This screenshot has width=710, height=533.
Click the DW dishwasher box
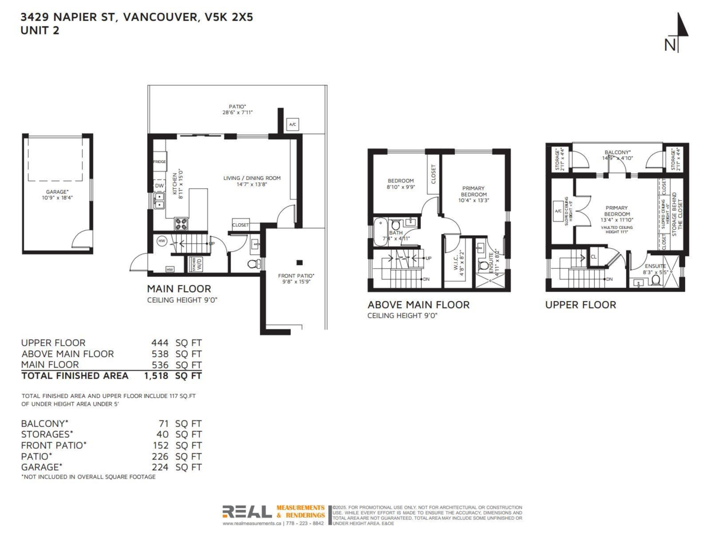coord(159,185)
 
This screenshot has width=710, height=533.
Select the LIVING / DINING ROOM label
coord(251,178)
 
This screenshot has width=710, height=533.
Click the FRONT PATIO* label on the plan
coord(296,275)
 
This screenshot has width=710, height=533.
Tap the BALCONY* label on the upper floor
coord(617,152)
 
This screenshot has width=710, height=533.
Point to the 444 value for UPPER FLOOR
coord(160,342)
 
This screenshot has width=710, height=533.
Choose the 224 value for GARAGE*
coord(160,467)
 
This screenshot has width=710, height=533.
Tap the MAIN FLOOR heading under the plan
coord(179,289)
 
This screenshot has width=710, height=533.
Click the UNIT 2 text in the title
coord(40,31)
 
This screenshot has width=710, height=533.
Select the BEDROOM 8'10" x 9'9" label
coord(401,184)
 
